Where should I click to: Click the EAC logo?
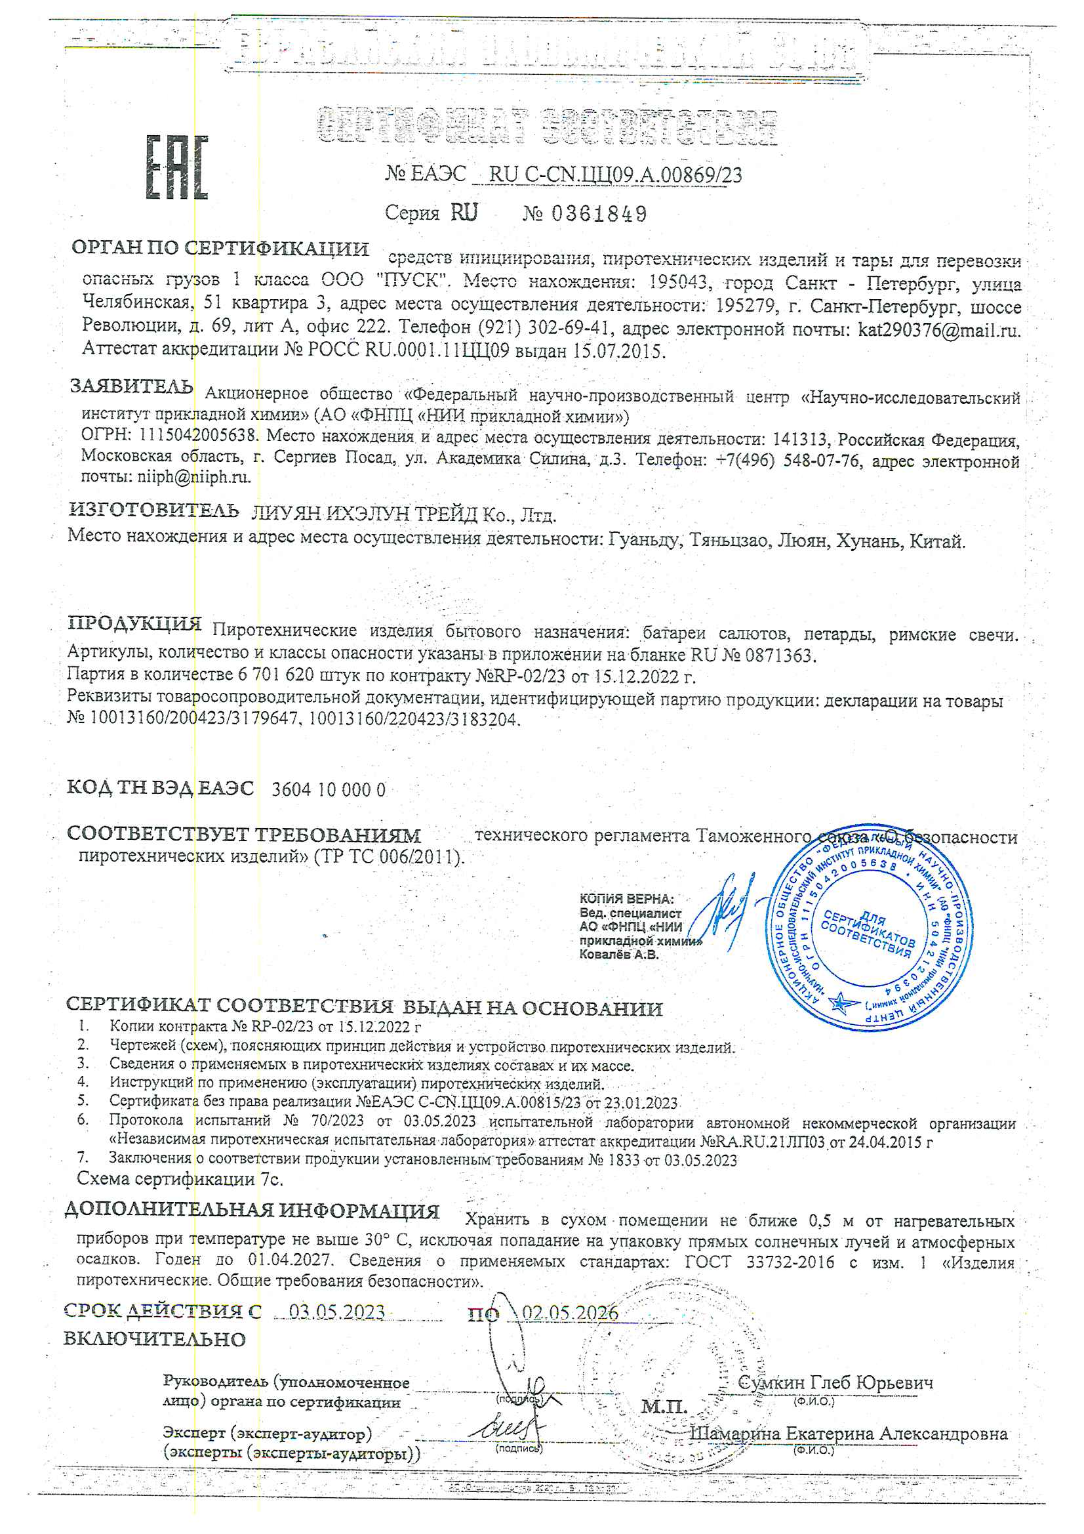[177, 168]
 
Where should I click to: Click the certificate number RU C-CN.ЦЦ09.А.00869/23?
[614, 175]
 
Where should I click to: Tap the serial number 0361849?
[599, 214]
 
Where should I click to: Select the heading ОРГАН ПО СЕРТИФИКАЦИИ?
[220, 249]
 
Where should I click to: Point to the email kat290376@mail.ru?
[938, 330]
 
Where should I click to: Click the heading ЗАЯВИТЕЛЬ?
[132, 387]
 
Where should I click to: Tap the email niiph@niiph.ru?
[193, 477]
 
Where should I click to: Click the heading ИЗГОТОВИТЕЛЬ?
[153, 510]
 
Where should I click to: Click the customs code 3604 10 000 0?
[328, 790]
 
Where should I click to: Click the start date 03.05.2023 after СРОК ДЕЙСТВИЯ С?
[337, 1312]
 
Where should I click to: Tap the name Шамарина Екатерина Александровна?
[848, 1434]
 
